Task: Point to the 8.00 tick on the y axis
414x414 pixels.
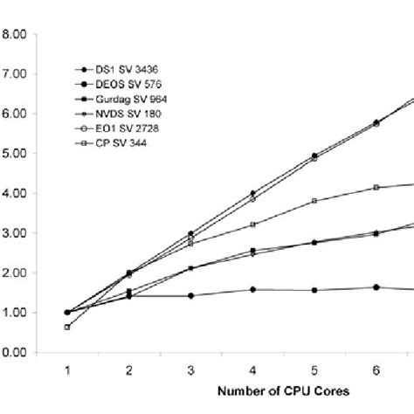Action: pos(18,35)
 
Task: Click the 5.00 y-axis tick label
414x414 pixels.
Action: pos(18,154)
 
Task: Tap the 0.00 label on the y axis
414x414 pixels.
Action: pos(18,353)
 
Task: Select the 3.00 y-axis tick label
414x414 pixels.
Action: pos(18,233)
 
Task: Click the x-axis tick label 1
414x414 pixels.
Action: pos(66,370)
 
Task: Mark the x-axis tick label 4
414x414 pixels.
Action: pos(252,370)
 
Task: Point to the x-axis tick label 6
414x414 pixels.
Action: pos(376,370)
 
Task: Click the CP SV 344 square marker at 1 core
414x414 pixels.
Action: pos(66,328)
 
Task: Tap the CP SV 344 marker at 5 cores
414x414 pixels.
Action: pos(314,201)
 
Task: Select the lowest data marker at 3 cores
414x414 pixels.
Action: pos(190,295)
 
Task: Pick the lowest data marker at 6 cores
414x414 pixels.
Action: pos(376,287)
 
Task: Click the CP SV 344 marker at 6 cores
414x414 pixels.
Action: pos(376,187)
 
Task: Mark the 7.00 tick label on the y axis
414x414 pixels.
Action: pos(18,74)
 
